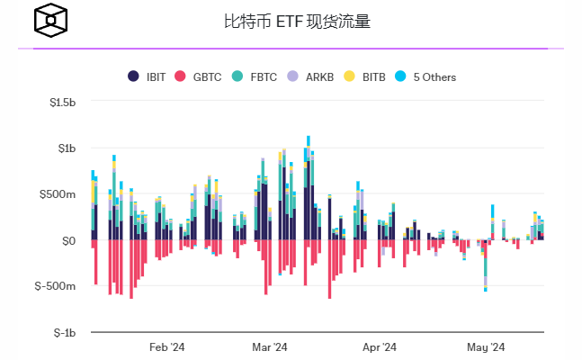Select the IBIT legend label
click(x=156, y=76)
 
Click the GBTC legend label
click(x=207, y=76)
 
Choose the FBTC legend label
click(x=263, y=76)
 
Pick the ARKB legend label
click(x=319, y=76)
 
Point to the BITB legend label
click(x=373, y=76)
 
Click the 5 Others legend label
click(x=434, y=76)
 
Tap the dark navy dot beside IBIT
click(x=134, y=76)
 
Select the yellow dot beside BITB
click(x=351, y=76)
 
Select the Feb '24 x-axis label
click(x=166, y=346)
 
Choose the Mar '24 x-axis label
click(x=269, y=346)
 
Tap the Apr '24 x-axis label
click(x=379, y=346)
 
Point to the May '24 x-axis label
click(x=486, y=346)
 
